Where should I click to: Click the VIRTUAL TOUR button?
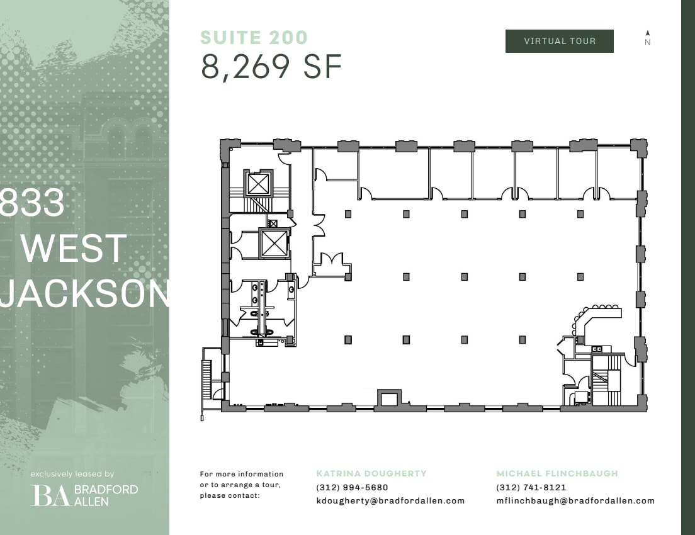559,42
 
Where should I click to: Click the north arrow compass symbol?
648,38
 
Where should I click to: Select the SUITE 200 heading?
254,38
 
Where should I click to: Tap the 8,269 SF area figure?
271,67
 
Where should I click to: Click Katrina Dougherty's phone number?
352,487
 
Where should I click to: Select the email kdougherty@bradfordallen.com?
390,501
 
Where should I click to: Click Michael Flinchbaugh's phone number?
531,487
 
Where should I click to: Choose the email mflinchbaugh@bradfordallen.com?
575,501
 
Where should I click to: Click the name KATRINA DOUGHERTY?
371,473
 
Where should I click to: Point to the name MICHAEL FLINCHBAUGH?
557,473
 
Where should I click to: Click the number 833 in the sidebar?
33,203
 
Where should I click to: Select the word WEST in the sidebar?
74,249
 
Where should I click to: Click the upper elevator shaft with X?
257,184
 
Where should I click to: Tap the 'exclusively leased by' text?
72,474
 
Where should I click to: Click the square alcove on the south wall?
388,398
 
